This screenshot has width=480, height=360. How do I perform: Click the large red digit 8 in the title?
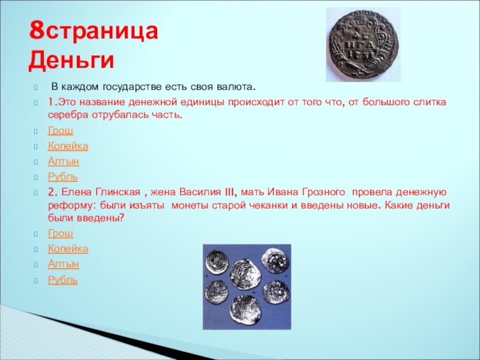pos(37,31)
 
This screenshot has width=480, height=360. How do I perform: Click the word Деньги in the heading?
pos(71,59)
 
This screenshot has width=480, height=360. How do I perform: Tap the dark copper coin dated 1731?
pos(364,45)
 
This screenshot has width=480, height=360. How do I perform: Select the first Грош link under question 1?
pos(61,131)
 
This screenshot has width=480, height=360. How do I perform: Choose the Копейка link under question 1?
pos(68,146)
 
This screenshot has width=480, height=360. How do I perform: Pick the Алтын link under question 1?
pos(64,161)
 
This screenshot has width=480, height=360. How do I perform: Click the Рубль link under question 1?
pos(63,176)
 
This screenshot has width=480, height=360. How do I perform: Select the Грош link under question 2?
pos(61,233)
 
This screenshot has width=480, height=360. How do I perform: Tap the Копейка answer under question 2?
pos(68,248)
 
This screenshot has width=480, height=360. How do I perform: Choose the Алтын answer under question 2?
pos(64,264)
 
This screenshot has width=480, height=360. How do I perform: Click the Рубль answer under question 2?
pos(63,280)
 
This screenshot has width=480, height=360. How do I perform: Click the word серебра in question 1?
pos(68,115)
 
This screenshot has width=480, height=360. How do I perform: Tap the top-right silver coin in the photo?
pos(275,261)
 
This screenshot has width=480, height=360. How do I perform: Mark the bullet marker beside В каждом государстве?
pos(36,88)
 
